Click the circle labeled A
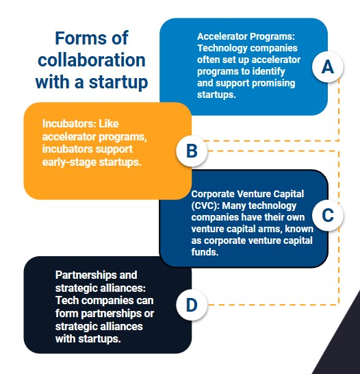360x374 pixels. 328,67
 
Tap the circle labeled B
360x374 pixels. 192,151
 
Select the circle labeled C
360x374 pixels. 328,215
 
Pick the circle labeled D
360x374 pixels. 192,305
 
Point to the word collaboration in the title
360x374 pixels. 92,60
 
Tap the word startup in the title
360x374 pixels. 118,82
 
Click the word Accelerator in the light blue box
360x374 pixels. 222,36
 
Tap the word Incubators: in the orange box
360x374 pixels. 69,124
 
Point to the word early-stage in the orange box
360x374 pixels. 69,162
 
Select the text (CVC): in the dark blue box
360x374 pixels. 205,205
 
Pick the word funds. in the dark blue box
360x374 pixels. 205,252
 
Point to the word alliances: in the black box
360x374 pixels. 123,288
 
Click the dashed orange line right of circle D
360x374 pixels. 273,305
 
